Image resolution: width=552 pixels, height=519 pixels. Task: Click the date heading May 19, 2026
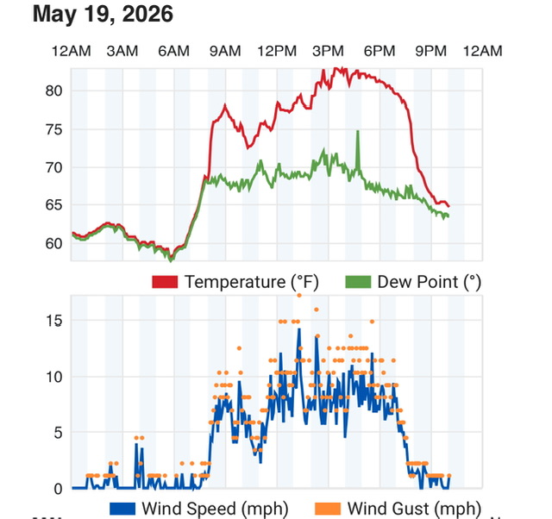(x=103, y=14)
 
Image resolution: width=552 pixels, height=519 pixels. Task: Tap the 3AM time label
(x=122, y=52)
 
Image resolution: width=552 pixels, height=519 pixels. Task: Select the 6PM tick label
(x=379, y=52)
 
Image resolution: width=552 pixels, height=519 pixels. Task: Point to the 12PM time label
(x=277, y=52)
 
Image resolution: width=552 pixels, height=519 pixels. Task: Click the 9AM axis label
(x=225, y=52)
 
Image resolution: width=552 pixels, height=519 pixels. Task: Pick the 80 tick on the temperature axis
(x=53, y=91)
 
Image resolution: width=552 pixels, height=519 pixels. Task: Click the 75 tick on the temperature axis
(x=53, y=130)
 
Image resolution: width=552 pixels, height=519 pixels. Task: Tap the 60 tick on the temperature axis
(x=53, y=243)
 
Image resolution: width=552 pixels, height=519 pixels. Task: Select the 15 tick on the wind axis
(x=54, y=321)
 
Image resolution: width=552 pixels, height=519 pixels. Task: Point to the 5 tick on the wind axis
(x=59, y=433)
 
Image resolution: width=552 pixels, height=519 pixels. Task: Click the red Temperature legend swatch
(x=165, y=282)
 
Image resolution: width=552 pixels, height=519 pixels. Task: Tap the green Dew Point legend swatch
(x=358, y=282)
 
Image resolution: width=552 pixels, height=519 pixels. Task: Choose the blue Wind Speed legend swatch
(x=122, y=509)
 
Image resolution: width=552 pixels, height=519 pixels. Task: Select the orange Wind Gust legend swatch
(x=328, y=509)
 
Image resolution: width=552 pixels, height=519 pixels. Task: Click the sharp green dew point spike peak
(x=358, y=131)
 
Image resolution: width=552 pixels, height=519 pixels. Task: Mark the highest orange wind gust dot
(x=299, y=296)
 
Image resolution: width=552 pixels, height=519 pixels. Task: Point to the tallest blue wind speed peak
(x=299, y=329)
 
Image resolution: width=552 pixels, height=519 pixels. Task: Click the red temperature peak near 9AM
(x=225, y=105)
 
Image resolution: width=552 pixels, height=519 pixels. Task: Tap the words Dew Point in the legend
(x=418, y=282)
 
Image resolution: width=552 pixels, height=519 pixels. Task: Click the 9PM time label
(x=430, y=52)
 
